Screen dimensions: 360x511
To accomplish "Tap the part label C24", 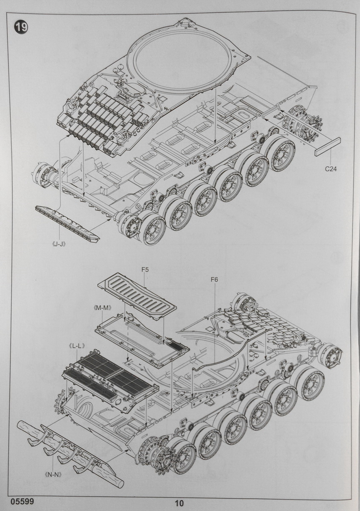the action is point(330,169).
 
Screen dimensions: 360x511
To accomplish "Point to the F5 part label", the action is point(144,270).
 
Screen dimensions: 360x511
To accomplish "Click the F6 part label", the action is point(214,279).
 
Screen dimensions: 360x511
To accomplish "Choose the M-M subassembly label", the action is point(99,307).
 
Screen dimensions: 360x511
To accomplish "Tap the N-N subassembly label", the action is point(53,474).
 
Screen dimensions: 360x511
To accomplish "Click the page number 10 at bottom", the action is point(179,503).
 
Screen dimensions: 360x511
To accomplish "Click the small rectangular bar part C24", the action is point(327,146).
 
